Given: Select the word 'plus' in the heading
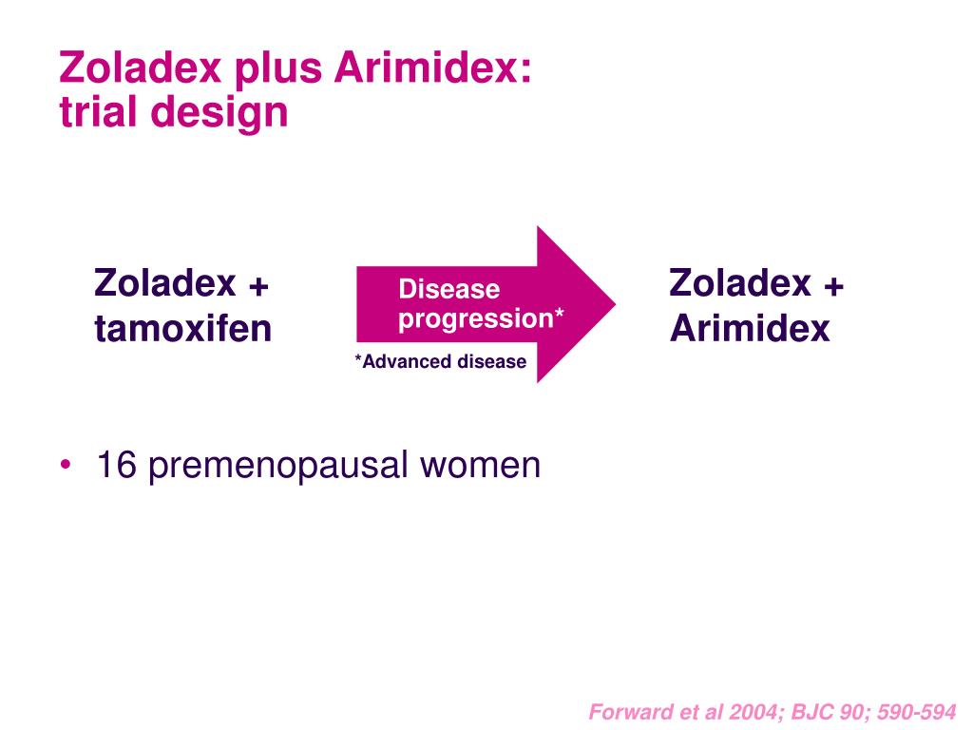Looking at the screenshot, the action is click(278, 69).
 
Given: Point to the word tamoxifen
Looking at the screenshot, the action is click(183, 328).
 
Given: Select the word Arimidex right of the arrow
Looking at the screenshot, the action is click(750, 328).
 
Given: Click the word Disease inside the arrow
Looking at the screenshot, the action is click(449, 289).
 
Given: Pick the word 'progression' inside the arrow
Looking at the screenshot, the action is click(475, 318).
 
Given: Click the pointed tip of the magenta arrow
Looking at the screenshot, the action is click(616, 304).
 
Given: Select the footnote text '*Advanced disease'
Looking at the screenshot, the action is click(441, 361).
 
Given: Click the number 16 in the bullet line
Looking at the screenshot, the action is click(117, 464).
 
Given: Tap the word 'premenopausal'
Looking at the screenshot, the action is click(278, 467).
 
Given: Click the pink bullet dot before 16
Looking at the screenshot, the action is click(66, 464).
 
